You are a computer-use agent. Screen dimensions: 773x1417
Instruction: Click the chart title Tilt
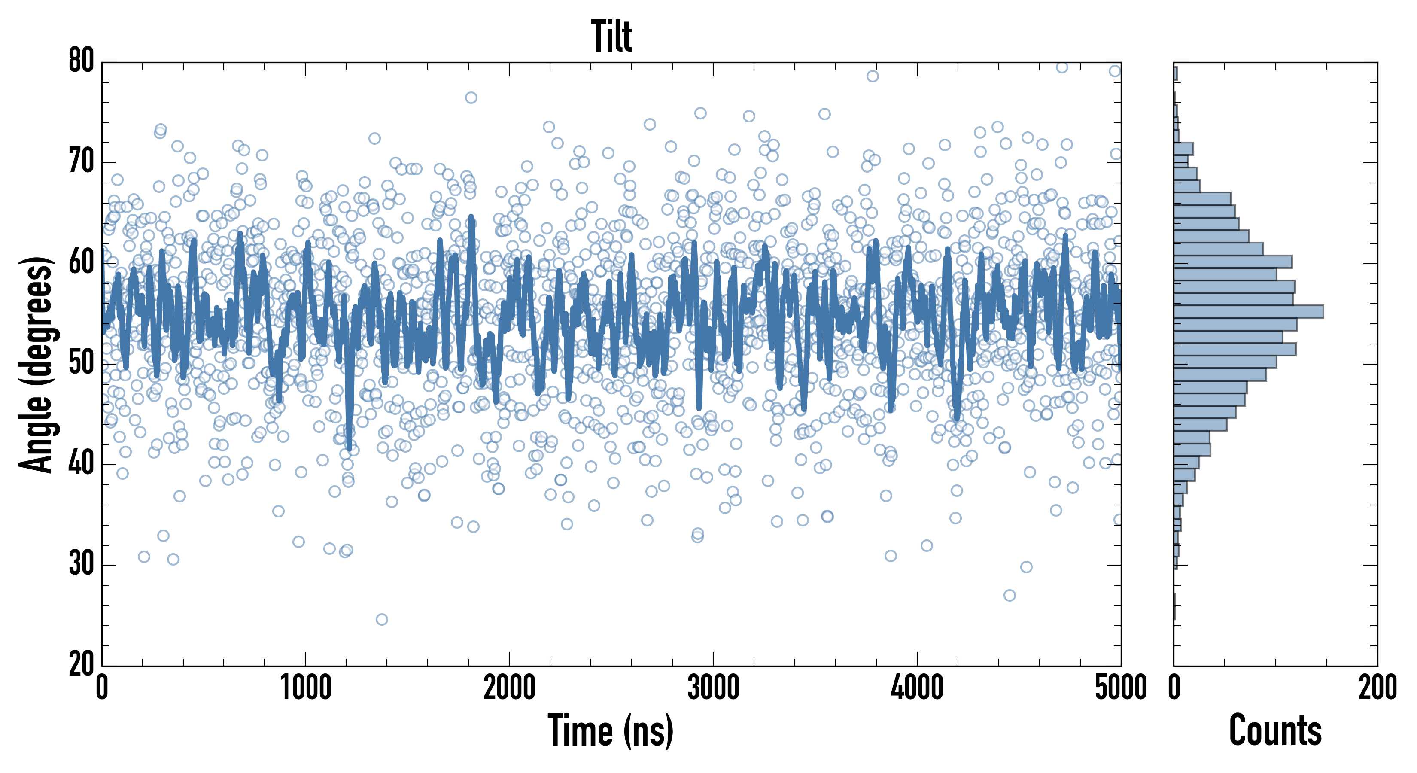coord(611,37)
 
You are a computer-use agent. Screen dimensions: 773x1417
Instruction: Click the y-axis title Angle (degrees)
coord(36,364)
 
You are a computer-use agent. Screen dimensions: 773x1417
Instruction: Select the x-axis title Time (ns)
coord(611,730)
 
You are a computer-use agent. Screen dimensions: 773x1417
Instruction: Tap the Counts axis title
coord(1275,730)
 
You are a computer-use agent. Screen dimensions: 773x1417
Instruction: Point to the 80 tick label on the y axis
coord(82,61)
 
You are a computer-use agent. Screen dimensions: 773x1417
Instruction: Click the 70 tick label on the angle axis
coord(82,162)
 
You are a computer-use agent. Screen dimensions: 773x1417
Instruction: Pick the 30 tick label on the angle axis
coord(82,564)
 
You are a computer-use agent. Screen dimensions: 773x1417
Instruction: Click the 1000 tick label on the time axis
coord(306,688)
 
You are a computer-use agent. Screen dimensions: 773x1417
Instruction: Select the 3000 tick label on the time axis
coord(714,688)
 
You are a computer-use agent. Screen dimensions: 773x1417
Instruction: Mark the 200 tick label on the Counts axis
coord(1377,688)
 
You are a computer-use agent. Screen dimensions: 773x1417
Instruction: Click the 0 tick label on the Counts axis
coord(1174,688)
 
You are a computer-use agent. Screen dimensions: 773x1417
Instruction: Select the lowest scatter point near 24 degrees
coord(382,620)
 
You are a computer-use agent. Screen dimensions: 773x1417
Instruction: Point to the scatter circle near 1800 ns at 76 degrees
coord(471,98)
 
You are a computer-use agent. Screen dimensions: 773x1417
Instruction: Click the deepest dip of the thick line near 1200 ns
coord(349,447)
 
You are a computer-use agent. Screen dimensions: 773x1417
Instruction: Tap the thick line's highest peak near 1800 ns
coord(471,219)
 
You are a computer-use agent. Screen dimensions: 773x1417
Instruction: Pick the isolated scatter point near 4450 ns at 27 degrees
coord(1010,595)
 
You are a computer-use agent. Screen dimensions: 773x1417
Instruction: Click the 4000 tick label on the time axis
coord(917,688)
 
